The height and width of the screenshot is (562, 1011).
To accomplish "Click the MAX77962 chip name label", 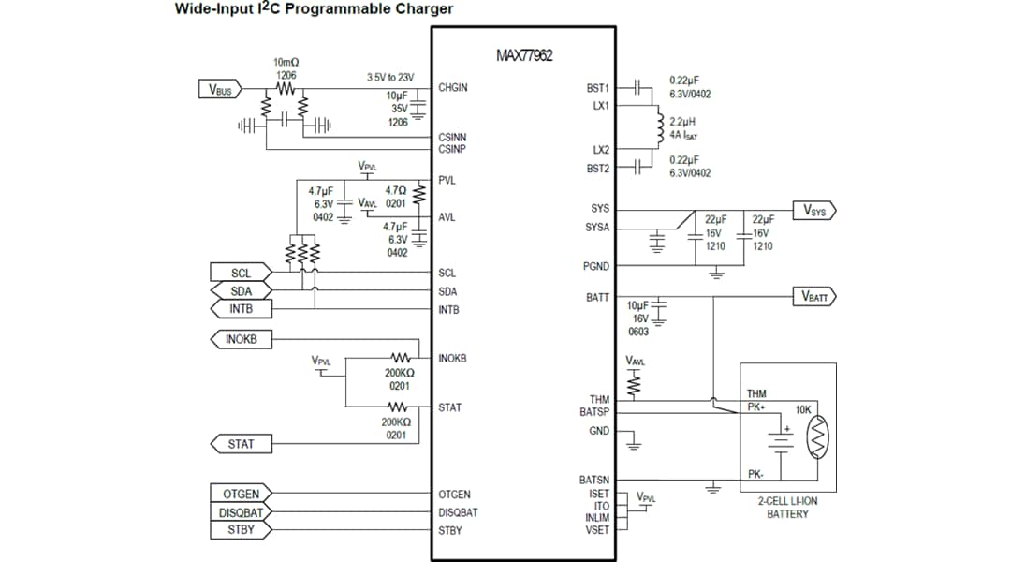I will [x=524, y=55].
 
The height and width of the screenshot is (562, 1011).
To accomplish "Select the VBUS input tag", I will [x=219, y=90].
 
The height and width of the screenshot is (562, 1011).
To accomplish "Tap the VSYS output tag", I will [x=813, y=210].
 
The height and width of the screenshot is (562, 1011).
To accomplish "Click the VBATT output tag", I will [x=813, y=297].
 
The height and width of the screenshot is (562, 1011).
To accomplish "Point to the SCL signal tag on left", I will [x=240, y=274].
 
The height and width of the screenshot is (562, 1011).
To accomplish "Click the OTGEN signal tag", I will [x=240, y=494].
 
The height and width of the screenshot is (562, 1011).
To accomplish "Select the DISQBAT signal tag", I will [x=240, y=512].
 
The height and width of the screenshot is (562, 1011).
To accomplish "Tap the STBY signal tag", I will [x=240, y=530].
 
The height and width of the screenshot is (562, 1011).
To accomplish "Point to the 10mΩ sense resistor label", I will [x=286, y=62].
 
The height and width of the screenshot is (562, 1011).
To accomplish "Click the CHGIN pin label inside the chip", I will [x=452, y=88].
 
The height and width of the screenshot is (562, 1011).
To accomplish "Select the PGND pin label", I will [x=595, y=267].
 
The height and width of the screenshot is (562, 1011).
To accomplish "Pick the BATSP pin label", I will [x=593, y=412].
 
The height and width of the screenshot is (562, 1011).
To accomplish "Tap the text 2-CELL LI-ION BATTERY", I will [x=787, y=507].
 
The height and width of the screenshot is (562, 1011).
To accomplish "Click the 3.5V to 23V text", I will [x=389, y=78].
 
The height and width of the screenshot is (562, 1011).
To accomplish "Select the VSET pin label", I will [x=597, y=530].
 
